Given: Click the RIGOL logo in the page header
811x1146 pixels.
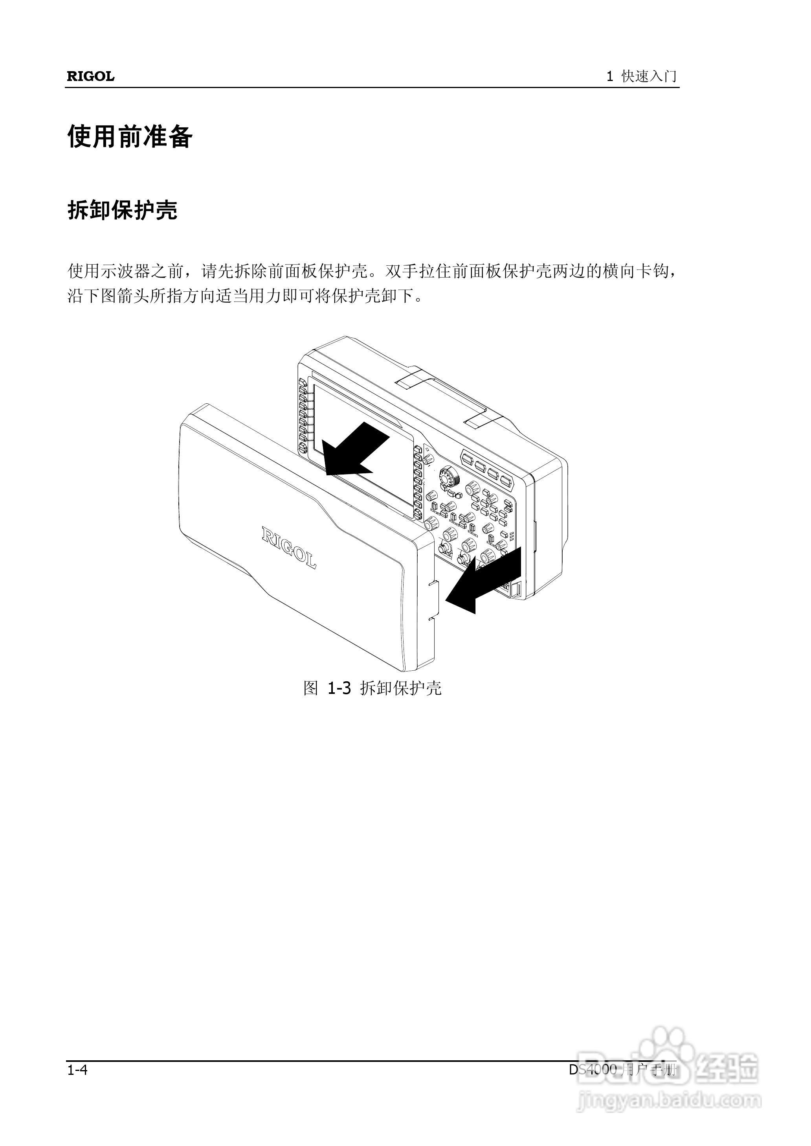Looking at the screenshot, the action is tap(90, 76).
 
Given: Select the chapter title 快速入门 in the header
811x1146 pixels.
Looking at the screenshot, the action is tap(649, 76).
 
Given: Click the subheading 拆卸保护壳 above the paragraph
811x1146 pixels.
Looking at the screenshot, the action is tap(122, 210).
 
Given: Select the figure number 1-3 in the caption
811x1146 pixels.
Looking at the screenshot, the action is tap(339, 689).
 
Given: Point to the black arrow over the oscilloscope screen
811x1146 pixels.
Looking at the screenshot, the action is tap(352, 450).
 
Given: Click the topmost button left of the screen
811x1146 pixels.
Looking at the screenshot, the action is tap(302, 384).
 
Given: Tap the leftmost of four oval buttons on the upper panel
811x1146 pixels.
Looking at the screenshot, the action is tap(468, 458).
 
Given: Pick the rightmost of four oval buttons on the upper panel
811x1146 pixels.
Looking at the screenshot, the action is tap(506, 482).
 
